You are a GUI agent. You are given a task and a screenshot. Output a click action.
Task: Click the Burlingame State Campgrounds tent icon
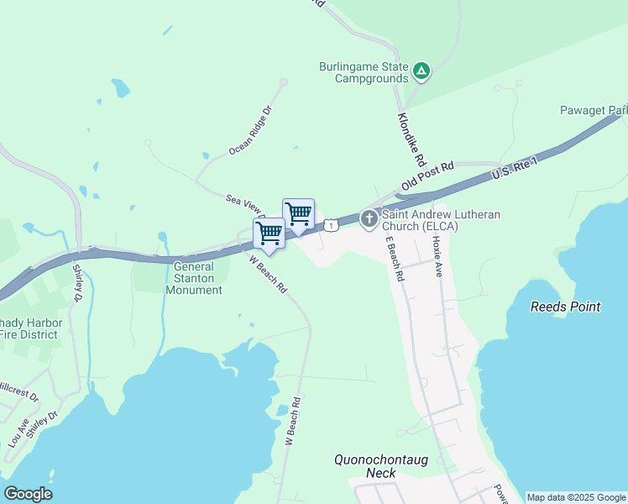421,71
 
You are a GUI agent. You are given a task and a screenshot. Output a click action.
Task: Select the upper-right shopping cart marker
298,213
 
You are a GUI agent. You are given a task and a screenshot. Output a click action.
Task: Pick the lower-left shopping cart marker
269,233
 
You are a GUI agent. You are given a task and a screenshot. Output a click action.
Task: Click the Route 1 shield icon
332,225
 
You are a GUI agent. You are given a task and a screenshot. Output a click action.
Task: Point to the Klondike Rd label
412,139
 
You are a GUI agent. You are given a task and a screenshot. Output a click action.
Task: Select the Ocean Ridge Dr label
251,131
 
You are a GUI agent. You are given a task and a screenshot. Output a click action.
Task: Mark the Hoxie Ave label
436,256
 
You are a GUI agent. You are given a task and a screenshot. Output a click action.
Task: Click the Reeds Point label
565,307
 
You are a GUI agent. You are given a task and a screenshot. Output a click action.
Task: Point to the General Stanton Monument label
194,278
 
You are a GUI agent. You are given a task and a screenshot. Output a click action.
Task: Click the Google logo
28,494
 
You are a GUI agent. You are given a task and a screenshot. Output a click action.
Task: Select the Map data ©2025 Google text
576,497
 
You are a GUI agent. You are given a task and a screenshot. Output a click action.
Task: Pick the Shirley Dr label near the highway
77,283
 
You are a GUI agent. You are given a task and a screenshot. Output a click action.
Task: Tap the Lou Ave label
18,433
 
